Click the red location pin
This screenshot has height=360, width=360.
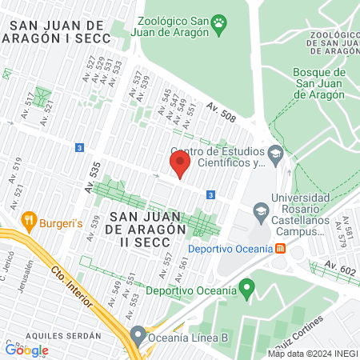179,164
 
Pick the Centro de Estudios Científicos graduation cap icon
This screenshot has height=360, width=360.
276,153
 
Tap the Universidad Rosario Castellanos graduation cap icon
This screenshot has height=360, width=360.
260,211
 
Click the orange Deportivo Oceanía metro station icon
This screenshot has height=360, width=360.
280,248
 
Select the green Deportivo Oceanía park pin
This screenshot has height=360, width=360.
247,286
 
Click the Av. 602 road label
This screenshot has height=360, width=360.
335,270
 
